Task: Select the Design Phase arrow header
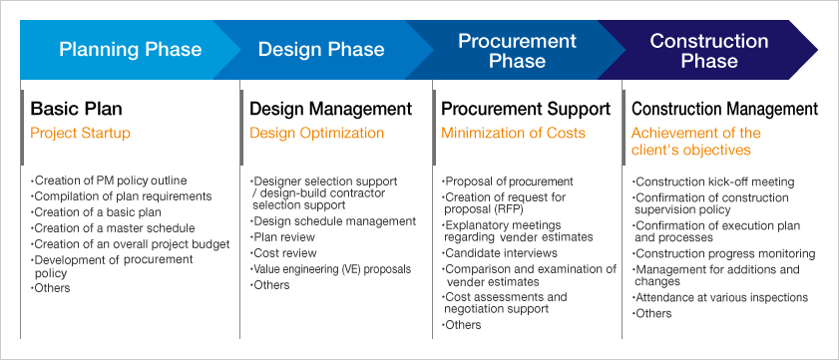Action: [321, 50]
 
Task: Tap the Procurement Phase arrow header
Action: [517, 50]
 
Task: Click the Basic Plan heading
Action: [76, 109]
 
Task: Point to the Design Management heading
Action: [330, 109]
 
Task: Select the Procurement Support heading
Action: [526, 109]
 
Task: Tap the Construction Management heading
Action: [724, 109]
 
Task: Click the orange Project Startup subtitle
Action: [80, 133]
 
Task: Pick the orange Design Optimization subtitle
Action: [317, 133]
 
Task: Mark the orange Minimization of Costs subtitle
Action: [513, 133]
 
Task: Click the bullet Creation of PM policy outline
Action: [109, 180]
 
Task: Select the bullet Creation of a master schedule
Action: [113, 228]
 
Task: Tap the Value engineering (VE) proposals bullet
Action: [330, 269]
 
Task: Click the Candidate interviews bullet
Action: [500, 253]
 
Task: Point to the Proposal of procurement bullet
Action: [507, 181]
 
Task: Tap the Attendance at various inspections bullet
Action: [720, 297]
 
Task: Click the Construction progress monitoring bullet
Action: [724, 253]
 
